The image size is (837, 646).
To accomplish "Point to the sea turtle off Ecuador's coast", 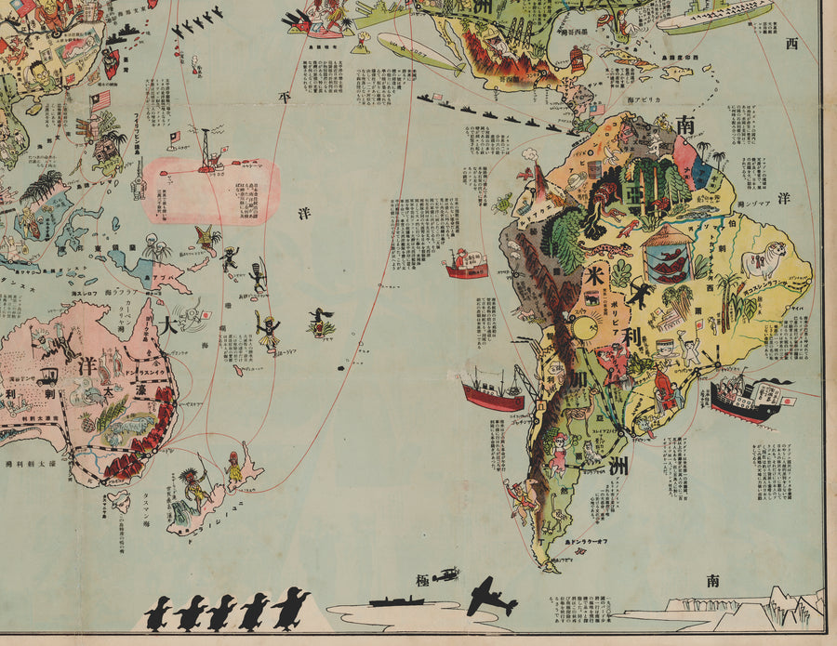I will click(x=503, y=202).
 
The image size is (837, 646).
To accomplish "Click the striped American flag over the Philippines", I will click(x=100, y=99).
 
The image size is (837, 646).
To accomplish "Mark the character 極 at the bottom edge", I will click(x=423, y=581).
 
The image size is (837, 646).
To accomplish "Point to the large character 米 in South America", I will click(x=594, y=275).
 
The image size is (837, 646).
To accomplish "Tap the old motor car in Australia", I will click(x=48, y=376).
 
